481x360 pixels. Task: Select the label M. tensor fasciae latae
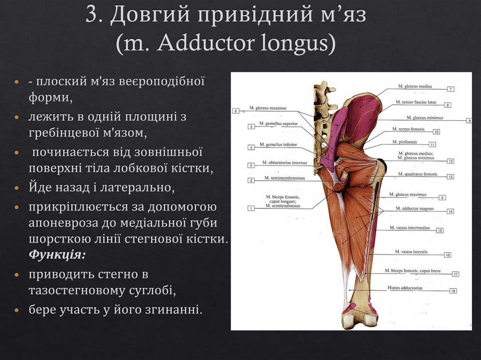pyautogui.click(x=416, y=102)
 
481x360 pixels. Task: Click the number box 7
pyautogui.click(x=450, y=89)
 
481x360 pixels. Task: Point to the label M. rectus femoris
pyautogui.click(x=408, y=129)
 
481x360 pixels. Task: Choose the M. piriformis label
pyautogui.click(x=404, y=142)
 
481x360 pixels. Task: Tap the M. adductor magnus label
pyautogui.click(x=414, y=208)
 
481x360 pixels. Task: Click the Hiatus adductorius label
pyautogui.click(x=405, y=288)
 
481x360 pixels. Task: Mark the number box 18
pyautogui.click(x=453, y=291)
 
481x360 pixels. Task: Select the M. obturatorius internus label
pyautogui.click(x=284, y=163)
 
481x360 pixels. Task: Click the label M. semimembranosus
pyautogui.click(x=284, y=178)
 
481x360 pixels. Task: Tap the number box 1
pyautogui.click(x=251, y=208)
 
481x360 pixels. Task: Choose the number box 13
pyautogui.click(x=450, y=177)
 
